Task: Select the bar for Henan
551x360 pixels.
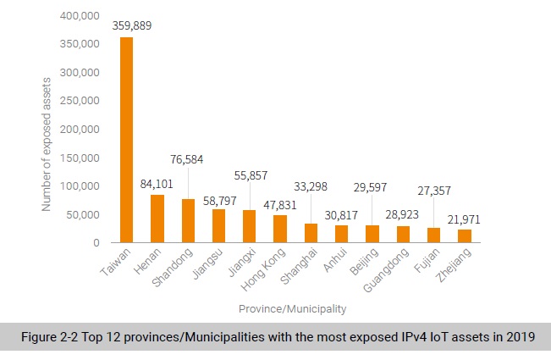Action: coord(157,219)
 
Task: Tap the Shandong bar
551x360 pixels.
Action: coord(188,221)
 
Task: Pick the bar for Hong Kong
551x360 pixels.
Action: coord(279,229)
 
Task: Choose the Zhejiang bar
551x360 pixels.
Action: coord(464,236)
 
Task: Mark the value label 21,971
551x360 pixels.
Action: coord(463,219)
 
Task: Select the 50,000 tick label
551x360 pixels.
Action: coord(83,214)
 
